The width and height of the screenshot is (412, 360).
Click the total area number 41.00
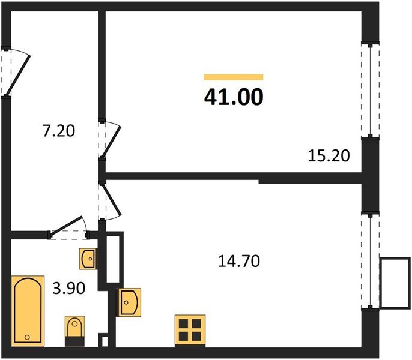click(234, 97)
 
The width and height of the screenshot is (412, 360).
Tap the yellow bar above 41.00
click(234, 77)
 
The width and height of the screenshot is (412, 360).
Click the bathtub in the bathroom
click(28, 310)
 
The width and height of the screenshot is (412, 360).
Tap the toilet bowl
click(75, 328)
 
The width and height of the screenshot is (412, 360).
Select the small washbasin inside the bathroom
click(87, 258)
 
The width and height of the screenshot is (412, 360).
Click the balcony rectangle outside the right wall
click(395, 283)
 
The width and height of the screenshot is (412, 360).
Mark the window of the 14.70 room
click(371, 261)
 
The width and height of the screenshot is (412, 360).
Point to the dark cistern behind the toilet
click(75, 341)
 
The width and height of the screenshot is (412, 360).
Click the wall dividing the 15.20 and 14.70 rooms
click(234, 176)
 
